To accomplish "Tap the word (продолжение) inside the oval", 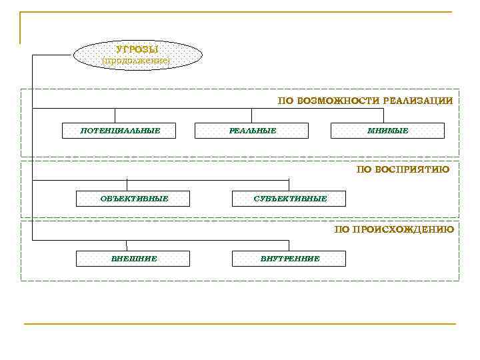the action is click(x=136, y=61).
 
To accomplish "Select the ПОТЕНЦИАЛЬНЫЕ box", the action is click(x=119, y=131).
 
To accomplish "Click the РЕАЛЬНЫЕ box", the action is click(x=252, y=131).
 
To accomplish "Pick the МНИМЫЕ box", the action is click(x=387, y=131).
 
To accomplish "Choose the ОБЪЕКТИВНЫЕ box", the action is click(x=133, y=199).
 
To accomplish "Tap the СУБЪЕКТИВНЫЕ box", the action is click(x=289, y=199).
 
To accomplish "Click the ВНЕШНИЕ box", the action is click(x=133, y=259).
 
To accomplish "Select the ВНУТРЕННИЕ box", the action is click(x=289, y=259).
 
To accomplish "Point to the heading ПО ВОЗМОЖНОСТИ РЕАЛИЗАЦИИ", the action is click(x=365, y=101).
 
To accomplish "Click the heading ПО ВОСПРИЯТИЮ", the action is click(x=403, y=169).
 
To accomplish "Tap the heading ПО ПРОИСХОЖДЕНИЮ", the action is click(x=394, y=229).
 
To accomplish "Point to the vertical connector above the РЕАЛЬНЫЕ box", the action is click(x=252, y=115).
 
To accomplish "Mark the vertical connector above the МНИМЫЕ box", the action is click(x=387, y=115).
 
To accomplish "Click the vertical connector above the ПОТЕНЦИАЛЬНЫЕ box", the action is click(x=115, y=115).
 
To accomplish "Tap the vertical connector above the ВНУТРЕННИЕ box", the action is click(x=289, y=245).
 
